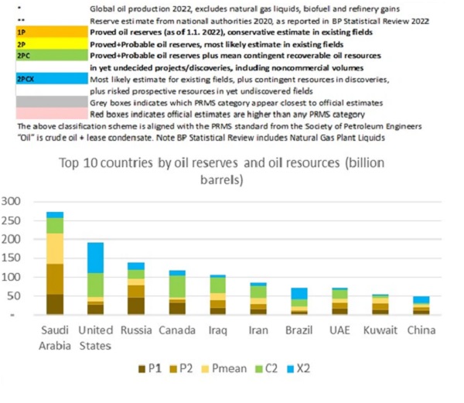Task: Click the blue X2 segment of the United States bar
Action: click(95, 258)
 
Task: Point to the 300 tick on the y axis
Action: click(15, 201)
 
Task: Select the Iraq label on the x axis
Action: click(217, 330)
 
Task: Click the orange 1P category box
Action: click(50, 34)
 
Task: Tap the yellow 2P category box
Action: click(50, 45)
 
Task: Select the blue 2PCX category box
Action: click(50, 79)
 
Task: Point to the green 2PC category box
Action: click(50, 56)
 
